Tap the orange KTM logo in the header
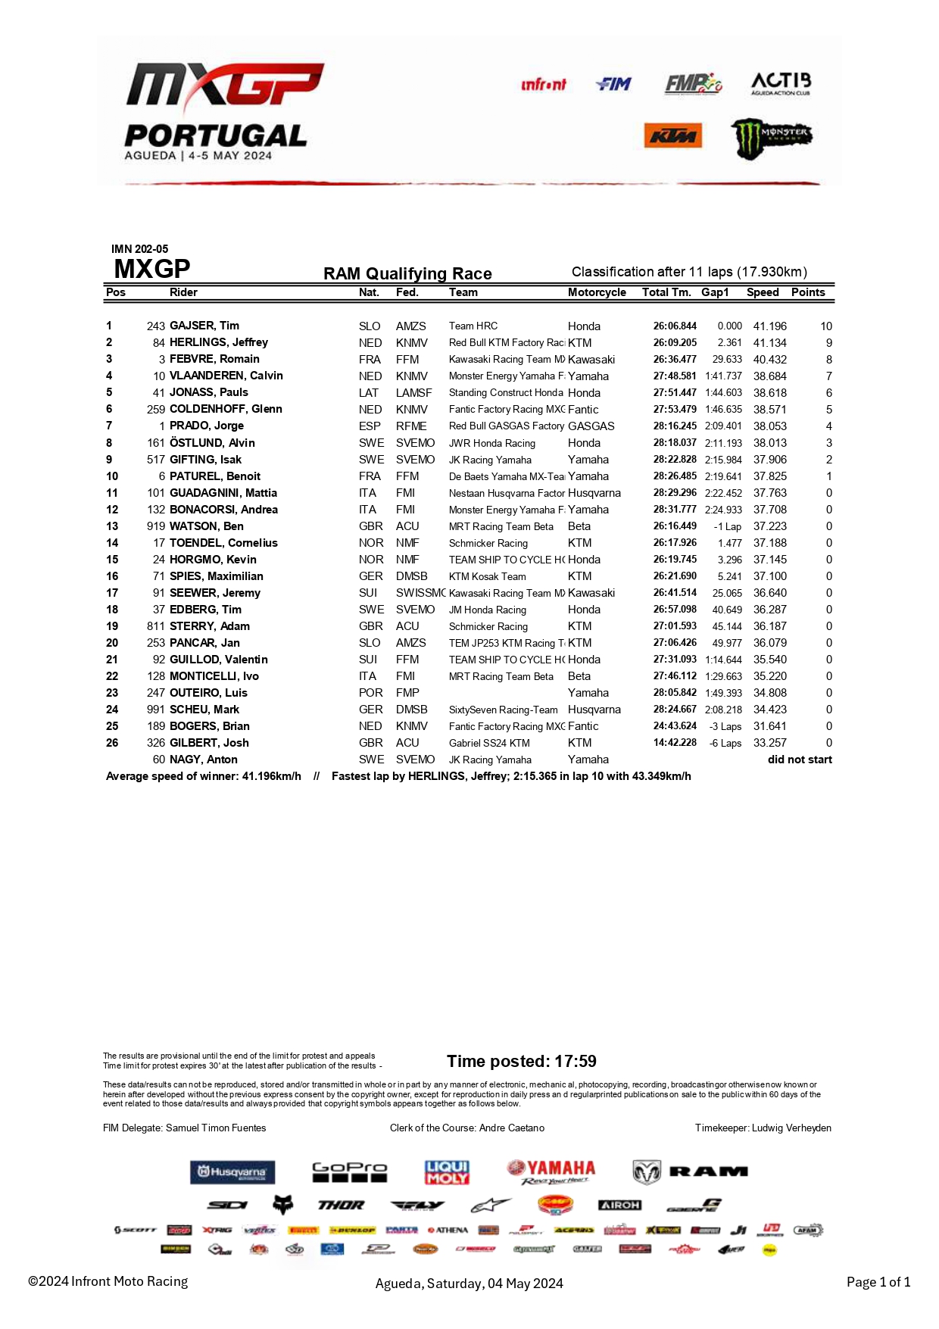pyautogui.click(x=672, y=136)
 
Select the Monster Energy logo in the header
pyautogui.click(x=771, y=138)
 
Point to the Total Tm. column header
pyautogui.click(x=666, y=292)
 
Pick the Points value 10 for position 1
pyautogui.click(x=825, y=326)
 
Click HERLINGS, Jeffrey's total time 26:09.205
pyautogui.click(x=675, y=342)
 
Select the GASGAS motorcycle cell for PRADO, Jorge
pyautogui.click(x=591, y=426)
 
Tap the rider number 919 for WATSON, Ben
pyautogui.click(x=155, y=526)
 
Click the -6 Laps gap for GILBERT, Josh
pyautogui.click(x=725, y=743)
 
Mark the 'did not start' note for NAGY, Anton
pyautogui.click(x=800, y=760)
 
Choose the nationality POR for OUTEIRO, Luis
pyautogui.click(x=370, y=693)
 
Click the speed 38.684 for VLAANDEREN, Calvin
pyautogui.click(x=769, y=376)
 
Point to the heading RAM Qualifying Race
pyautogui.click(x=407, y=273)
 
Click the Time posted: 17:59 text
pyautogui.click(x=521, y=1062)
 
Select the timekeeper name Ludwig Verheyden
pyautogui.click(x=791, y=1128)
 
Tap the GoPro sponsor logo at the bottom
pyautogui.click(x=349, y=1172)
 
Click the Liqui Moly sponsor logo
pyautogui.click(x=447, y=1172)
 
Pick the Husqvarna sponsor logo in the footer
pyautogui.click(x=232, y=1172)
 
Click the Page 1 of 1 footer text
pyautogui.click(x=878, y=1282)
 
